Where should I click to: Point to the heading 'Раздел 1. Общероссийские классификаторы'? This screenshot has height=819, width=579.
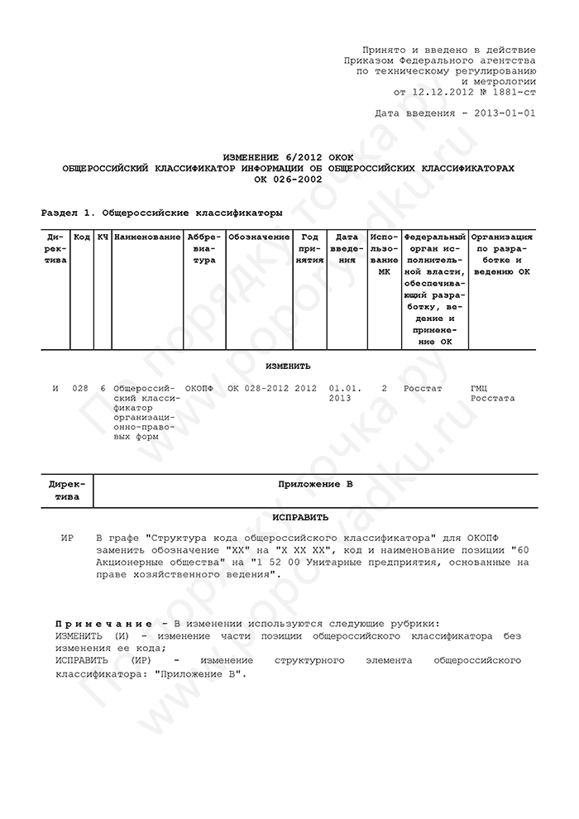[161, 213]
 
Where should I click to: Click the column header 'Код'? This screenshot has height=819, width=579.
[82, 237]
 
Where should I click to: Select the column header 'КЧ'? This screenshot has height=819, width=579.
[103, 237]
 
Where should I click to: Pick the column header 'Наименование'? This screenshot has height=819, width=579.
[148, 237]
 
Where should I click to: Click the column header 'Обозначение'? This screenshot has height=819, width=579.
[259, 237]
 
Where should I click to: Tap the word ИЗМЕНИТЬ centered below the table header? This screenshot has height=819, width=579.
[288, 366]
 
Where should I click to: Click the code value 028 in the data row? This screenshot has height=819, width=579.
[80, 387]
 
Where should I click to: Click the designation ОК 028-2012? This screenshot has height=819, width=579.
[258, 387]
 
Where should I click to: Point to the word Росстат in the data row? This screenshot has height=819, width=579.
[423, 387]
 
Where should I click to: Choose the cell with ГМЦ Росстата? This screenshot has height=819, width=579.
[492, 392]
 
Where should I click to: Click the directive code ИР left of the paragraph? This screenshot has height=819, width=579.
[67, 538]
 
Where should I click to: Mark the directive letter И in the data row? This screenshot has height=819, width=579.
[55, 387]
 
